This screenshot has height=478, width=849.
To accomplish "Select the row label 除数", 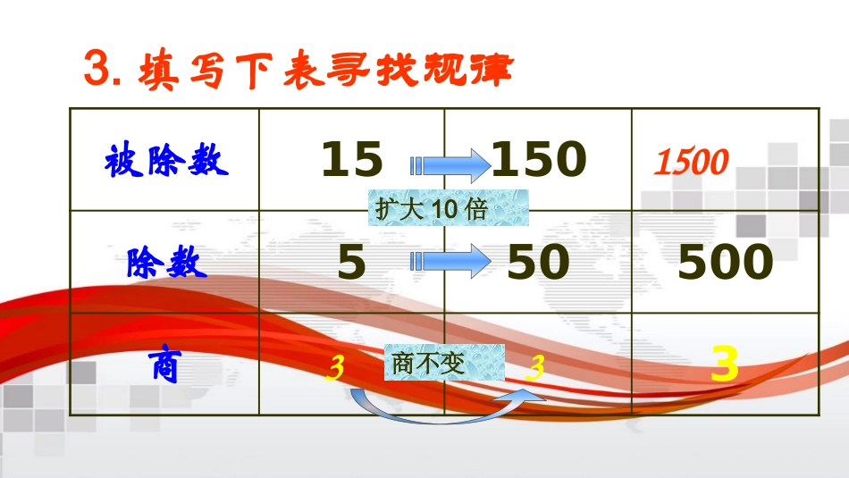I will coord(166,264).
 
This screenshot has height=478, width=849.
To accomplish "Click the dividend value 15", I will coord(352,161).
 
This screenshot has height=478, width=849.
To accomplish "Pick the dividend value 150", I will coord(539,161).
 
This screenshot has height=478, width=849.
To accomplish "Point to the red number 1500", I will coord(691,163).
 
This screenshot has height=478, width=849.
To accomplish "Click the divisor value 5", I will coord(352,264).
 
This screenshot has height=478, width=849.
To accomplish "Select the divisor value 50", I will coord(538,264).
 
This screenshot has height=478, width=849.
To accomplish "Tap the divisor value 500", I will coord(725,264).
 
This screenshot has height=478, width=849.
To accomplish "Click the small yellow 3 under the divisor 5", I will coord(335,367).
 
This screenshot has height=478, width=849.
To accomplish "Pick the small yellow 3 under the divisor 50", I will coord(534,367).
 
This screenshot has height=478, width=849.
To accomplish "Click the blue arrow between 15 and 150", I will coord(450,165).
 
